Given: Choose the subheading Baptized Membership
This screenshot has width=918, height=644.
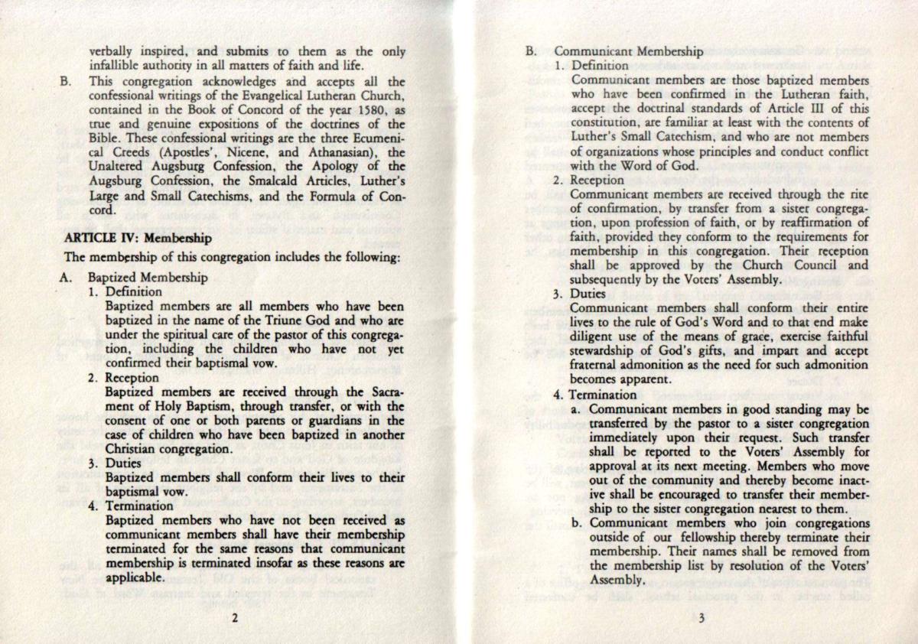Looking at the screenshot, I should [x=148, y=278].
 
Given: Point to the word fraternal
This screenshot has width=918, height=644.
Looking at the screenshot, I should [x=597, y=366].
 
